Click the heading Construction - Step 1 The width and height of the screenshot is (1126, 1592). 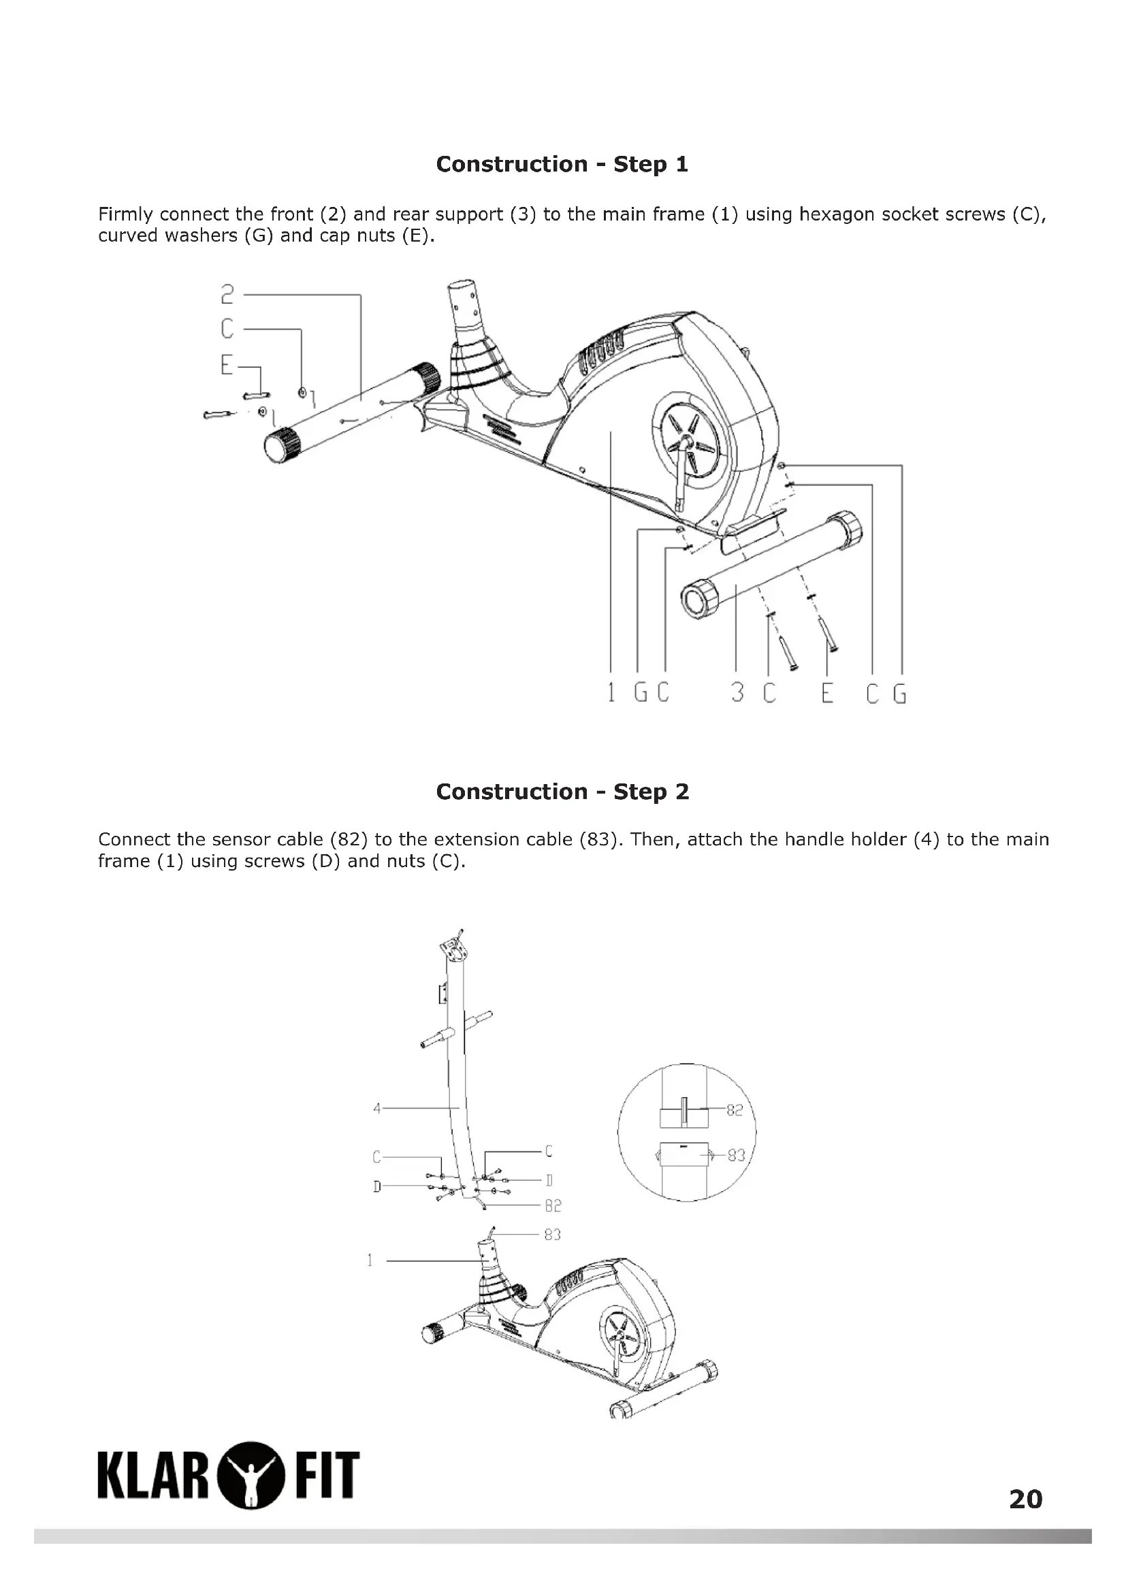tap(562, 164)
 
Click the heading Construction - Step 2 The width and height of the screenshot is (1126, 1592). tap(562, 792)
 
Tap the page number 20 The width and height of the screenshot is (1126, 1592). tap(1025, 1499)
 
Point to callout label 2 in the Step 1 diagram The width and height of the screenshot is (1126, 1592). tap(227, 295)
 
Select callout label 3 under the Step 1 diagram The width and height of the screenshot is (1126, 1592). tap(738, 693)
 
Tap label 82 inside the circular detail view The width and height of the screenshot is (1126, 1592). tap(735, 1110)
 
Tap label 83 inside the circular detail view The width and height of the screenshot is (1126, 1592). tap(736, 1155)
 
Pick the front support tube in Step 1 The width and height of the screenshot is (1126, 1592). tap(353, 412)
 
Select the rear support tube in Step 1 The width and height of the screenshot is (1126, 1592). tap(770, 565)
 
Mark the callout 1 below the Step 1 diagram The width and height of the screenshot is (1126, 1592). tap(611, 693)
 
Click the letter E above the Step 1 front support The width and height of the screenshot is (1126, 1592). tap(227, 365)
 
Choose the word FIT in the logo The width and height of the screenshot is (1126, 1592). tap(327, 1474)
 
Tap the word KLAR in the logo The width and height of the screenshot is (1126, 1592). tap(155, 1474)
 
